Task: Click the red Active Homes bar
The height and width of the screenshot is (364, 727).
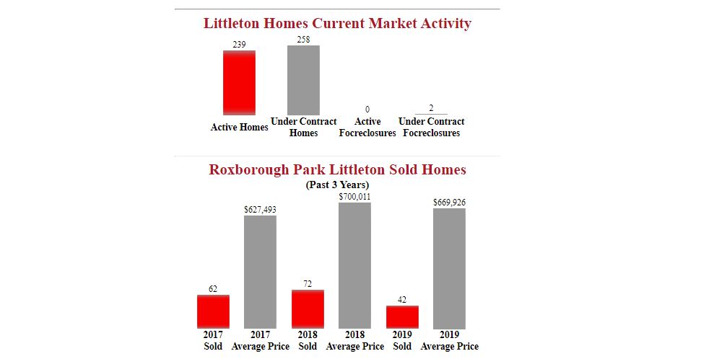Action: tap(239, 82)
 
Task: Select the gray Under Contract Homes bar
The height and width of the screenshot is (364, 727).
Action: tap(303, 79)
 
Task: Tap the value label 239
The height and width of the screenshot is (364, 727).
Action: tap(239, 45)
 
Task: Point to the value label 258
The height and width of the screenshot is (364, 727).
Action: tap(303, 40)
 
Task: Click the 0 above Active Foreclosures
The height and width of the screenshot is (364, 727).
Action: tap(367, 109)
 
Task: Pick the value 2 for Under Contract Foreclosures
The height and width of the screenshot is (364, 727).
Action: tap(431, 108)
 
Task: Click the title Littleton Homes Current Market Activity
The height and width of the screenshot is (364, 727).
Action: tap(337, 24)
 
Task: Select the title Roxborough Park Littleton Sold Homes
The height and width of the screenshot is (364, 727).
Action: tap(337, 170)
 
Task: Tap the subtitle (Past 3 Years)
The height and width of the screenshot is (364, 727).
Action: tap(337, 185)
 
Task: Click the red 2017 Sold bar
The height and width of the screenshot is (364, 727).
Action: tap(213, 311)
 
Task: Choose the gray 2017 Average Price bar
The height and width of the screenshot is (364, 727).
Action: tap(260, 272)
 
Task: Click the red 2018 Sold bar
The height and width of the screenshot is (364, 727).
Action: tap(308, 309)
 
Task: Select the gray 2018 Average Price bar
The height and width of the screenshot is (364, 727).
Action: tap(354, 265)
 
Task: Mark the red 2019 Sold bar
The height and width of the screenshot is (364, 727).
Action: tap(402, 317)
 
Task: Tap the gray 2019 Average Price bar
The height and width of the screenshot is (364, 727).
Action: tap(449, 268)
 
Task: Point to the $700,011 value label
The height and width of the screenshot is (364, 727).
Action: tap(354, 196)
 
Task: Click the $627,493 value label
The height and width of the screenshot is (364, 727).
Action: tap(260, 210)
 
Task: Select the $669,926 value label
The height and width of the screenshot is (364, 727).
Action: tap(449, 203)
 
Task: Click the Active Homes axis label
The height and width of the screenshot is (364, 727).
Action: tap(239, 128)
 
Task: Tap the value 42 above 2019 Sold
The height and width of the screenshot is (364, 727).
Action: tap(402, 300)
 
